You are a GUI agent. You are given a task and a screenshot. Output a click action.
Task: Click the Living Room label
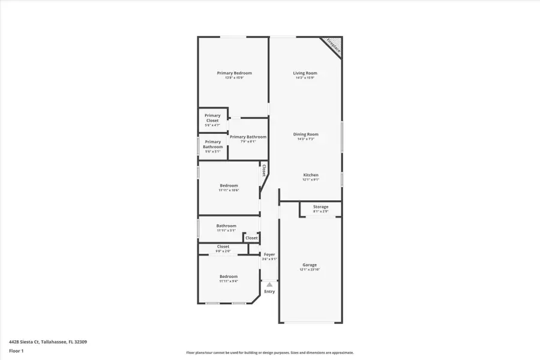[x=305, y=73]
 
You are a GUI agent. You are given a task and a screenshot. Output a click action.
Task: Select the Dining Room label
[x=305, y=134]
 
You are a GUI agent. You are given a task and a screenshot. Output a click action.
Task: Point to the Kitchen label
[x=310, y=175]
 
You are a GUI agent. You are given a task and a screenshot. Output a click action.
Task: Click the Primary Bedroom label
[x=234, y=73]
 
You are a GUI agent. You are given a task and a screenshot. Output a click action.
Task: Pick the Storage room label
[x=320, y=207]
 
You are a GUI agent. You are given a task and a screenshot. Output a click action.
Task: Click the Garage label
[x=310, y=265]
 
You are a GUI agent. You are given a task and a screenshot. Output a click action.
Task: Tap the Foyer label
[x=269, y=254]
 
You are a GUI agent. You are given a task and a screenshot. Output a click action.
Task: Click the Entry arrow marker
[x=269, y=284]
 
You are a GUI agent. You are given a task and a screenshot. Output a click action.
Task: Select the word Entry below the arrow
[x=269, y=292]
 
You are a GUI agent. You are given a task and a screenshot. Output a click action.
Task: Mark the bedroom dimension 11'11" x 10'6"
[x=229, y=190]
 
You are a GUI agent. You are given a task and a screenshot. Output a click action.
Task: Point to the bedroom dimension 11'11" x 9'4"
[x=229, y=281]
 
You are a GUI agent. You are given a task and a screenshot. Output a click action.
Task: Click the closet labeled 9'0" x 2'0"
[x=223, y=248]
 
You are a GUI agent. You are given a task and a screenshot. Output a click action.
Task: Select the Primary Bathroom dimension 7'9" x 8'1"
[x=248, y=142]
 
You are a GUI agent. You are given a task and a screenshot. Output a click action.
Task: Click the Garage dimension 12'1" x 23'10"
[x=310, y=269]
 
